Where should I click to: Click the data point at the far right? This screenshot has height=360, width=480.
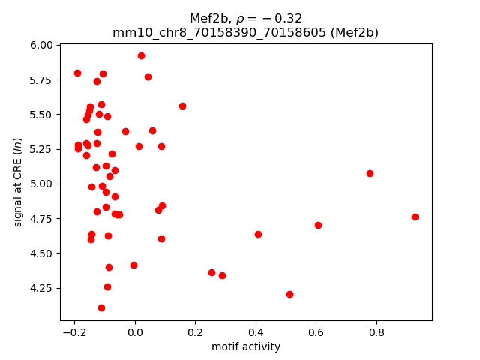point(415,217)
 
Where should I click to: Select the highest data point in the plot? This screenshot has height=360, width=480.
point(141,55)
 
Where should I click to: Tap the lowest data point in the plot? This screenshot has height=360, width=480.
point(101,307)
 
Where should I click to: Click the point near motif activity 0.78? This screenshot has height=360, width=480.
point(370,173)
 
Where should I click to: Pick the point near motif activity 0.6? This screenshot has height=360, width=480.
point(318,225)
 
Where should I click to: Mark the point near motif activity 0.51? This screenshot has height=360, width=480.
point(289,294)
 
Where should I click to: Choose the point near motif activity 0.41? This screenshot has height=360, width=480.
point(258,234)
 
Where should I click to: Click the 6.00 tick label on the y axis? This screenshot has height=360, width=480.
point(42,45)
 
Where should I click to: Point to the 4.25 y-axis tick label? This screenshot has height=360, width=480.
point(42,288)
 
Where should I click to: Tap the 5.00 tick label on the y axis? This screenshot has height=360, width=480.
point(42,184)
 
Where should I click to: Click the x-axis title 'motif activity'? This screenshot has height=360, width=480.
point(246,346)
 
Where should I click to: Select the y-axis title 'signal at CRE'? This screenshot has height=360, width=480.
point(18,182)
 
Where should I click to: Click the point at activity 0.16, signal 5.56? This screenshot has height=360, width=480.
point(182,106)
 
